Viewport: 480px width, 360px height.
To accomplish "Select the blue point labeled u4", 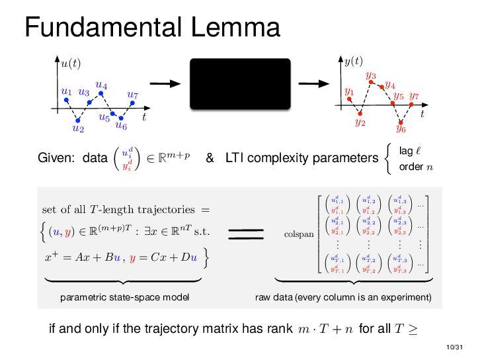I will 102,94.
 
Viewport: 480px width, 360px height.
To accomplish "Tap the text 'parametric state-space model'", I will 124,298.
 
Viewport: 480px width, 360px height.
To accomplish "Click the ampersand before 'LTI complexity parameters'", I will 210,159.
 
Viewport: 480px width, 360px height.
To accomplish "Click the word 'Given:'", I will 56,159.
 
